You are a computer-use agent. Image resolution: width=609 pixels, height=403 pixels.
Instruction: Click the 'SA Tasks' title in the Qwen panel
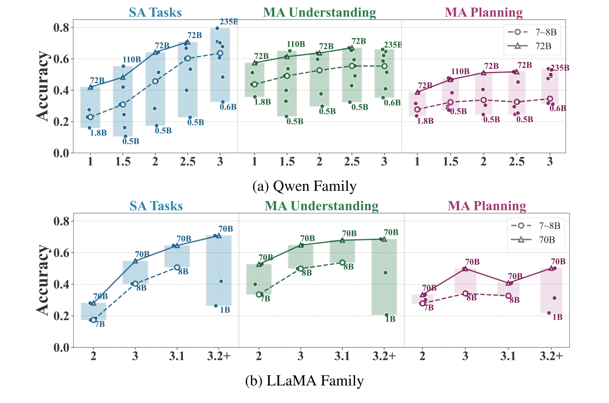tap(155, 12)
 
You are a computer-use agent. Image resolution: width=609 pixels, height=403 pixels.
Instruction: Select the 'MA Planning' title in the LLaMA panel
tap(487, 206)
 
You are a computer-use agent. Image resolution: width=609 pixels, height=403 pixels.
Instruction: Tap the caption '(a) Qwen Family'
tap(304, 186)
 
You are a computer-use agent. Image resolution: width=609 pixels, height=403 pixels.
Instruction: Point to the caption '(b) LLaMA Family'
tap(304, 380)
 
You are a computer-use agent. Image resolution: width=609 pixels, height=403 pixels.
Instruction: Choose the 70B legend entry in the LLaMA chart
tap(537, 240)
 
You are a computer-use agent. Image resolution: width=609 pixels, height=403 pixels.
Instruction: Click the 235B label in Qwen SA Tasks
tap(228, 22)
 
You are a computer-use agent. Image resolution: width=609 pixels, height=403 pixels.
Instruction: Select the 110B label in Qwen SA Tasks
tap(132, 59)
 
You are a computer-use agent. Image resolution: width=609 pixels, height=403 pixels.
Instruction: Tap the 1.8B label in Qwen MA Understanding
tap(262, 102)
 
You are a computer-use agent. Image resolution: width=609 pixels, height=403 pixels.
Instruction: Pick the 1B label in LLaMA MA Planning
tap(557, 317)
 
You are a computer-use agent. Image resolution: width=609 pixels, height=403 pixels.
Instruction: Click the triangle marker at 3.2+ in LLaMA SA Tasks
tap(219, 236)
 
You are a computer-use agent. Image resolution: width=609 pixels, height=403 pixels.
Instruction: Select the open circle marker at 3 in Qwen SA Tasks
tap(220, 53)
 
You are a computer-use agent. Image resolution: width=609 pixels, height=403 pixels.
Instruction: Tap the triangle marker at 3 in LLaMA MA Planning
tap(465, 268)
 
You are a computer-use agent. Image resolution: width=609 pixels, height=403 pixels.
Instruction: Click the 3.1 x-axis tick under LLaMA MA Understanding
tap(342, 356)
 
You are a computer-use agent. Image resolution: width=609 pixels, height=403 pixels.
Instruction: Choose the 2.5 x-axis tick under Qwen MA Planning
tap(516, 162)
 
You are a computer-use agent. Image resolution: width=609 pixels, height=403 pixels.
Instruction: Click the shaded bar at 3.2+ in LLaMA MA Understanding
tap(384, 277)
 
